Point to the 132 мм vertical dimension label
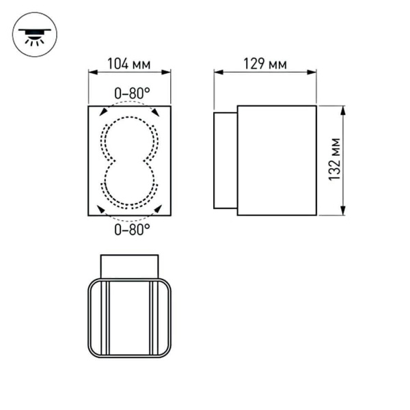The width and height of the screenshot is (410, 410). (x=334, y=161)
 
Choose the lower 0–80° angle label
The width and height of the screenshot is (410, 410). (x=132, y=230)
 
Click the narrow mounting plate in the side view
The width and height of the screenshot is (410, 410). (x=225, y=160)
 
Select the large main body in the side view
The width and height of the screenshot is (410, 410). (x=277, y=160)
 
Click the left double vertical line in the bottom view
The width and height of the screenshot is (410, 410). (x=107, y=318)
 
